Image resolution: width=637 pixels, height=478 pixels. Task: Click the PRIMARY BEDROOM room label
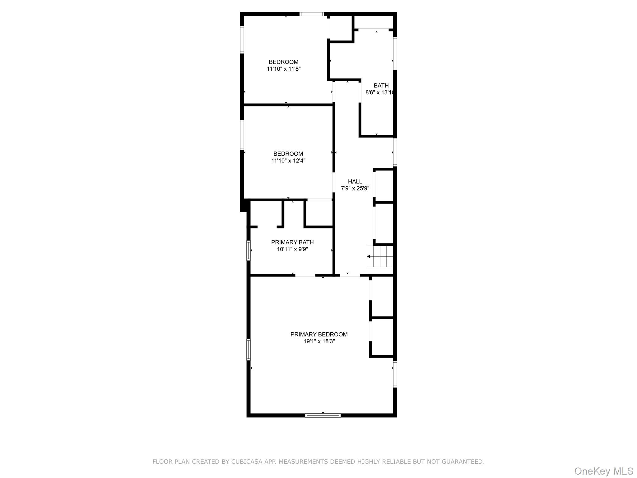(319, 335)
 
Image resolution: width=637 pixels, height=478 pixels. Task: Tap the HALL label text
(355, 181)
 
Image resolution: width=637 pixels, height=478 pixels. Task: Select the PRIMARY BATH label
(292, 242)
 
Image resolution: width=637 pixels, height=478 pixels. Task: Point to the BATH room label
(381, 86)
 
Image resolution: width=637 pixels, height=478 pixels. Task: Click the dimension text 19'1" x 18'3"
(319, 341)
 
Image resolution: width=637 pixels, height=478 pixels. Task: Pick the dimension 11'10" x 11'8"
(284, 69)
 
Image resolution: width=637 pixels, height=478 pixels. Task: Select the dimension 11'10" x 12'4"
(288, 161)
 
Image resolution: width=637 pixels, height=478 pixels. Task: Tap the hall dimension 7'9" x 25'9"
(355, 188)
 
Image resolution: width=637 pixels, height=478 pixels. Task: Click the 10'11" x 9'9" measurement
(292, 249)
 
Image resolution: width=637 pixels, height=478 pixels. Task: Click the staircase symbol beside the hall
(380, 256)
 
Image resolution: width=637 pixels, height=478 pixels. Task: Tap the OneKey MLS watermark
(604, 471)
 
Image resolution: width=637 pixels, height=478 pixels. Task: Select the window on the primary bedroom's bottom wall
(323, 415)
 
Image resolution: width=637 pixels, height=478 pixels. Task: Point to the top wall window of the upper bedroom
(312, 14)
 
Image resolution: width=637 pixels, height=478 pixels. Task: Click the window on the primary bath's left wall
(249, 250)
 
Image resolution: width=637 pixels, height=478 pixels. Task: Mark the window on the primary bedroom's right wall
(395, 374)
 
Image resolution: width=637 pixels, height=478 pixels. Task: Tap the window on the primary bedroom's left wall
(249, 349)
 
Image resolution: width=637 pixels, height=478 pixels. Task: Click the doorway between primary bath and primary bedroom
(305, 275)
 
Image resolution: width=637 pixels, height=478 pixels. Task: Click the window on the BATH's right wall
(395, 53)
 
